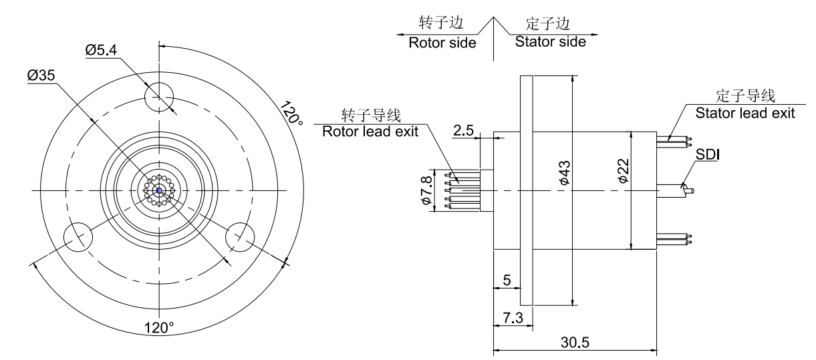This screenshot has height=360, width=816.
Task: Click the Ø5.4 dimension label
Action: [x=105, y=49]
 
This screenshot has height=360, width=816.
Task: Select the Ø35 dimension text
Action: [x=41, y=76]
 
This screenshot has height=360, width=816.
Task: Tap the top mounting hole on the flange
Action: [x=160, y=96]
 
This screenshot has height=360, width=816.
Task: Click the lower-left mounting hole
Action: [x=78, y=236]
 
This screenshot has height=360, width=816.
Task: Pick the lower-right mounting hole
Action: [x=241, y=236]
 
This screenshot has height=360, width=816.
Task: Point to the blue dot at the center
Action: [x=160, y=190]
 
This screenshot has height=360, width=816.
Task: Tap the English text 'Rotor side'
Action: [x=442, y=43]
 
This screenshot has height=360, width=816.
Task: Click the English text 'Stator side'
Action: [x=550, y=42]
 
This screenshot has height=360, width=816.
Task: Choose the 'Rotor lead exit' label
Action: [x=370, y=131]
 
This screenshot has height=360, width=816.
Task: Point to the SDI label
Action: [x=708, y=155]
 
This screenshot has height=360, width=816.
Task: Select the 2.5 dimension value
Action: [x=462, y=131]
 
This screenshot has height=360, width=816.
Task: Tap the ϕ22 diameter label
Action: [x=622, y=172]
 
